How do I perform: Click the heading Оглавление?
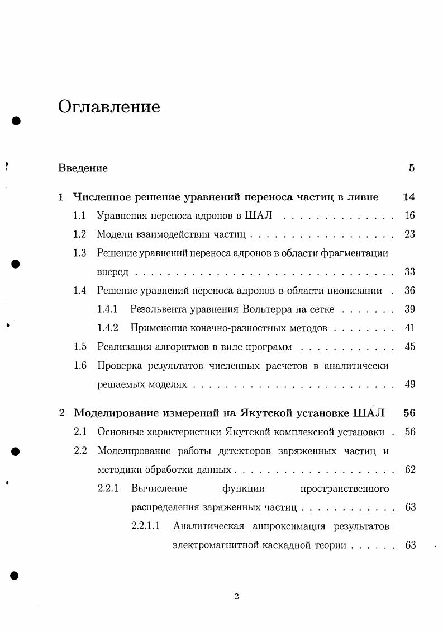pyautogui.click(x=109, y=107)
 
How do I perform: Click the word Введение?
pyautogui.click(x=83, y=168)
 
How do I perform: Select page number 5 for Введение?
pyautogui.click(x=412, y=168)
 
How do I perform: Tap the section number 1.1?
pyautogui.click(x=80, y=215)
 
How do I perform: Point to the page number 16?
pyautogui.click(x=410, y=215)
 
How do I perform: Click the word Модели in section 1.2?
pyautogui.click(x=114, y=234)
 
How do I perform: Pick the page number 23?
pyautogui.click(x=410, y=234)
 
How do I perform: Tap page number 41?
pyautogui.click(x=410, y=328)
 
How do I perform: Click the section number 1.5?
pyautogui.click(x=80, y=347)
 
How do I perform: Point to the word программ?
pyautogui.click(x=270, y=347)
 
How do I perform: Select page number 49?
pyautogui.click(x=410, y=384)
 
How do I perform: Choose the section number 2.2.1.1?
pyautogui.click(x=145, y=526)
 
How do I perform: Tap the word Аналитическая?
pyautogui.click(x=209, y=526)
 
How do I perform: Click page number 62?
pyautogui.click(x=410, y=469)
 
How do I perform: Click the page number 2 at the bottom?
pyautogui.click(x=236, y=596)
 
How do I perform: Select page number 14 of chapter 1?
pyautogui.click(x=408, y=197)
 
